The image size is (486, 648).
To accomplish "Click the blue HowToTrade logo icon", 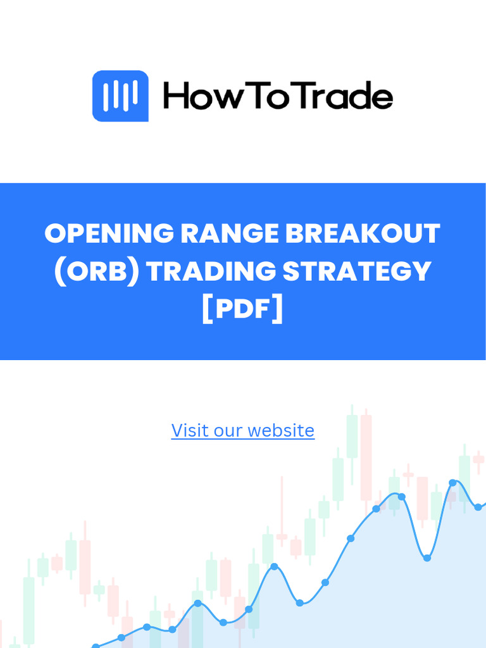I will (x=120, y=96).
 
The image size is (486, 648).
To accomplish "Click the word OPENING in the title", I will (x=108, y=234).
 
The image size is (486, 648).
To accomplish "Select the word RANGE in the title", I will (x=229, y=234).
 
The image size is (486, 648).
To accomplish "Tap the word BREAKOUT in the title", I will (x=362, y=234).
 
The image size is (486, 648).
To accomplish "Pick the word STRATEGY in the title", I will (x=357, y=271).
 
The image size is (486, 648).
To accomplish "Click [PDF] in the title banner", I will (x=243, y=310).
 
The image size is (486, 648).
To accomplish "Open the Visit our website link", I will (x=243, y=431).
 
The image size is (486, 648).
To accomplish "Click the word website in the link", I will (x=281, y=431).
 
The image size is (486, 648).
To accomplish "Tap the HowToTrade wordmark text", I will (x=278, y=97).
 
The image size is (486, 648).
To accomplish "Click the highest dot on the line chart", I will (x=452, y=483).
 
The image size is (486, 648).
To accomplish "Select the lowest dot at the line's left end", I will (x=96, y=647).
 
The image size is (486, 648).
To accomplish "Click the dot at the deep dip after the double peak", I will (x=427, y=558).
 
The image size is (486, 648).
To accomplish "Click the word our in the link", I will (x=226, y=431).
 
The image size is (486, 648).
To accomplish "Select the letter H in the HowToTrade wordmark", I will (x=177, y=97).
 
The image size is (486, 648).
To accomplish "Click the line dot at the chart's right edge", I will (x=478, y=507).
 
